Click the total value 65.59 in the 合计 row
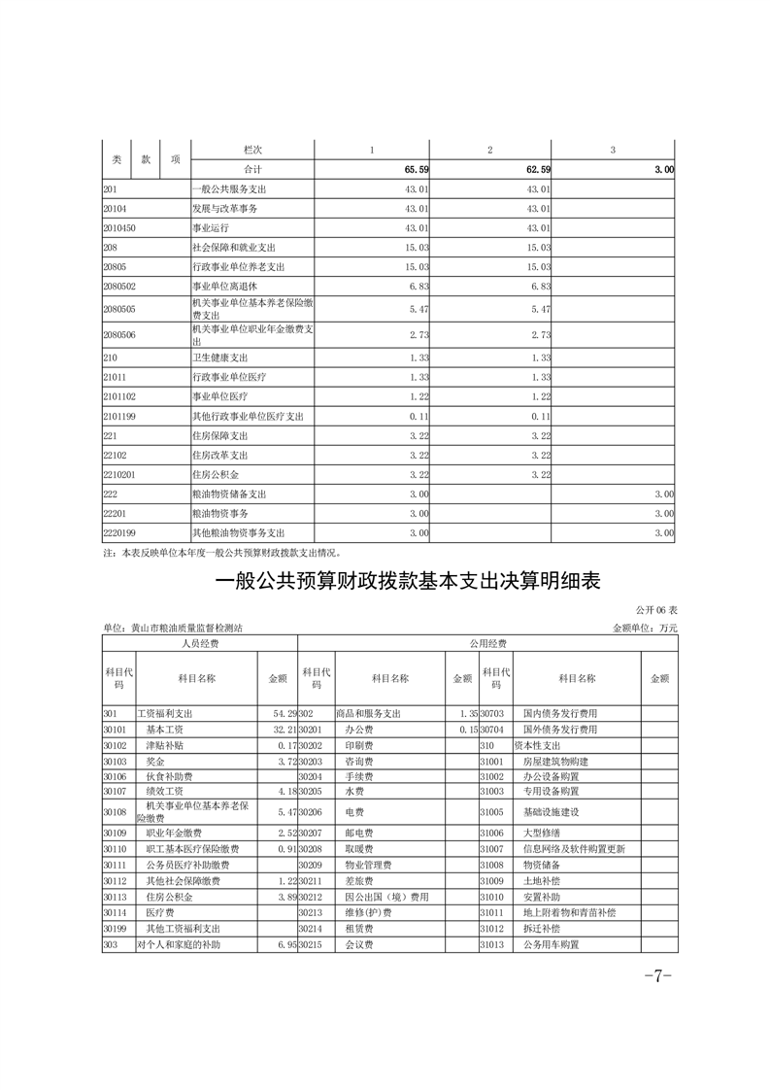click(x=417, y=169)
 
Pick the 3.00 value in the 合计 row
click(x=663, y=169)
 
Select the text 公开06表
click(x=655, y=610)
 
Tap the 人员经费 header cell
click(x=199, y=643)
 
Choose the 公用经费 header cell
click(x=486, y=643)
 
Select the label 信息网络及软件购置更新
click(x=574, y=848)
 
